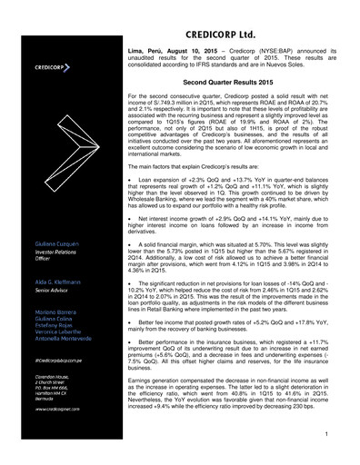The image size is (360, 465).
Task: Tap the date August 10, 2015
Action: pos(194,43)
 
